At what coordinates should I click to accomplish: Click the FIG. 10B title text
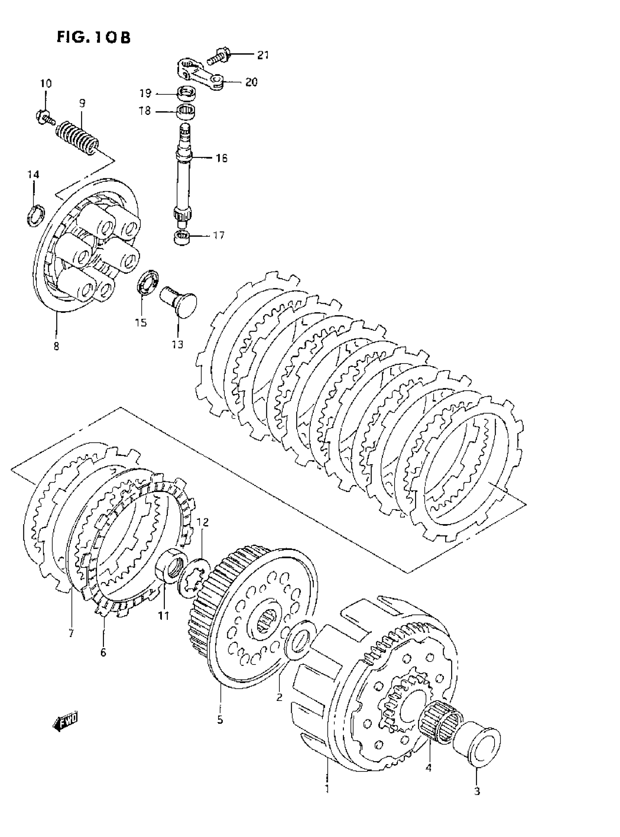pos(93,38)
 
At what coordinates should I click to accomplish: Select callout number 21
pos(263,55)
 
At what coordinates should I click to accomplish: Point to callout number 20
pos(251,82)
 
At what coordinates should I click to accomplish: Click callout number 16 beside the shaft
pos(221,158)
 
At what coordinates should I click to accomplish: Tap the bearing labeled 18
pos(186,112)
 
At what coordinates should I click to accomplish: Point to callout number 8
pos(56,346)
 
